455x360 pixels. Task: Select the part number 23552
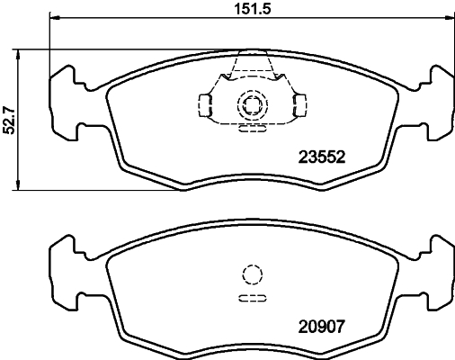pyautogui.click(x=320, y=154)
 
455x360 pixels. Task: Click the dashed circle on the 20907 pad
pyautogui.click(x=251, y=274)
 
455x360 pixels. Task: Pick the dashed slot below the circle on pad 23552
pyautogui.click(x=251, y=128)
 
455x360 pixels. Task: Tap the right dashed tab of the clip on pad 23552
pyautogui.click(x=296, y=106)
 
